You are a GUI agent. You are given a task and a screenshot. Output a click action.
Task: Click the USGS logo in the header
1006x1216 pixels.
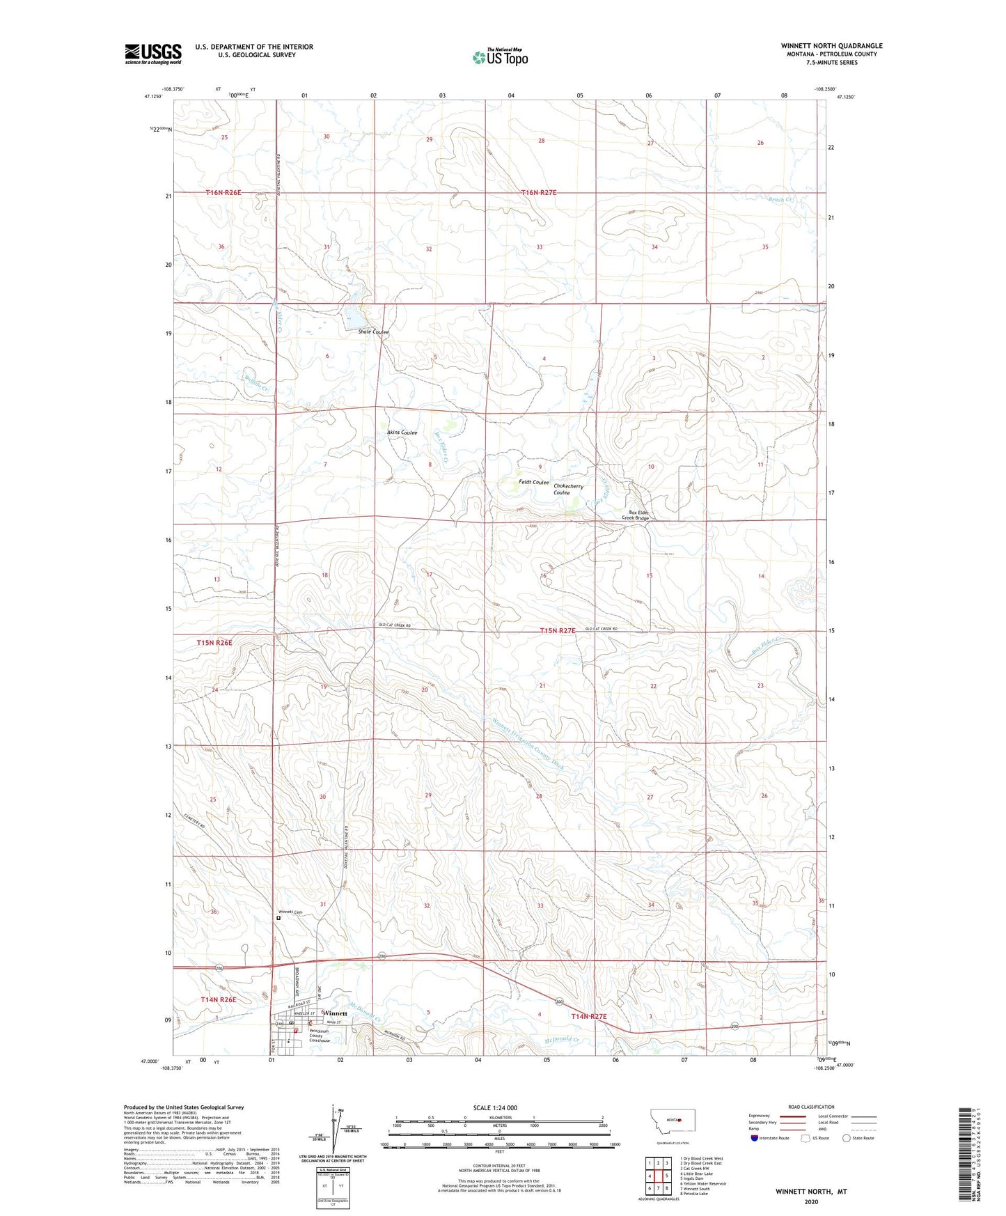pos(152,54)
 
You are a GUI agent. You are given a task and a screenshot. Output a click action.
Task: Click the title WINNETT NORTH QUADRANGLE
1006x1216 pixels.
pos(831,46)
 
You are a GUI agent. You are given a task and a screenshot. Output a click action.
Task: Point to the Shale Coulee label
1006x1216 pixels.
pos(373,332)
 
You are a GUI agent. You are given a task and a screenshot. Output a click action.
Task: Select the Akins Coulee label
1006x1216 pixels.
pos(402,432)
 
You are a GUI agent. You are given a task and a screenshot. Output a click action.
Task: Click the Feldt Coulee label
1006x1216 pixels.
pos(534,482)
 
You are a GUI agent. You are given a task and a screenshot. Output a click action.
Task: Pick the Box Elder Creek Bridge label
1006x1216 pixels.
pos(635,515)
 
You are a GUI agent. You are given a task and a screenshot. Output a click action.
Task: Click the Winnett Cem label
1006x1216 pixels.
pos(290,912)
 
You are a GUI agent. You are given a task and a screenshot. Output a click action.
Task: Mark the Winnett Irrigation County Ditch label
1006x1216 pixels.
pos(527,743)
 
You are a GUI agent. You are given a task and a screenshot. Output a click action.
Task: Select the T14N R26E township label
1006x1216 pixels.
pos(218,999)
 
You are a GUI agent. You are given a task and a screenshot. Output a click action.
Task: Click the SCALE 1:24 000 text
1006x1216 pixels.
pos(495,1107)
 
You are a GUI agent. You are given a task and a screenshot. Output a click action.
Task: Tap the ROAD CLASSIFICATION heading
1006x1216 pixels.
pos(811,1107)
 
